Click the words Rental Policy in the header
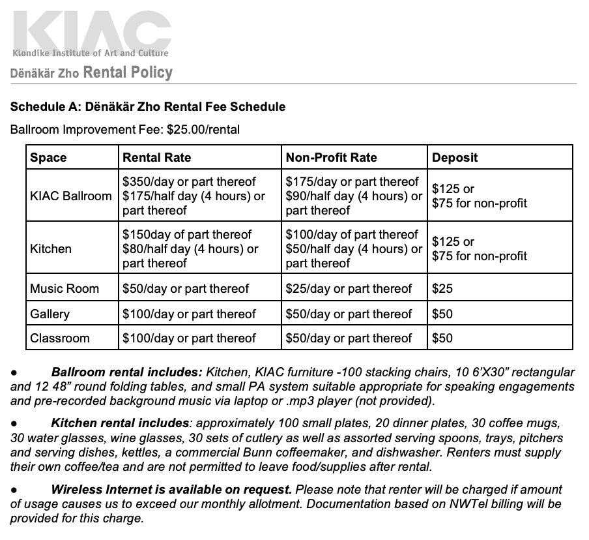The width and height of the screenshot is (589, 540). [x=128, y=72]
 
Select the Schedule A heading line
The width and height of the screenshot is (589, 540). [x=148, y=106]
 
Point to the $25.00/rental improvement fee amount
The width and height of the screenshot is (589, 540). [x=203, y=129]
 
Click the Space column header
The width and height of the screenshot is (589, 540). [x=48, y=158]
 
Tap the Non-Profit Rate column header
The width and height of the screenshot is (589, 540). [x=331, y=158]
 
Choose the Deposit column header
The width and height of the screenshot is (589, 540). [x=455, y=158]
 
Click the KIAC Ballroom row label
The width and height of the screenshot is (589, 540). [x=71, y=196]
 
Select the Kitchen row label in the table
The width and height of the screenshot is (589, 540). [x=51, y=248]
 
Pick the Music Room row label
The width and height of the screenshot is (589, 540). [x=65, y=288]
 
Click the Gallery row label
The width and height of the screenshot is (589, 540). [x=50, y=314]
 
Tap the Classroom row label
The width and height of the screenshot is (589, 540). [x=60, y=338]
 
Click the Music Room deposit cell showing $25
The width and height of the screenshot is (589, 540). [x=442, y=288]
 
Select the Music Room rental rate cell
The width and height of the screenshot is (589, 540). [x=186, y=288]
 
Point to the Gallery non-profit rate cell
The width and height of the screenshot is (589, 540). [x=349, y=314]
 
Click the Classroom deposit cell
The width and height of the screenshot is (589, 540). [x=442, y=338]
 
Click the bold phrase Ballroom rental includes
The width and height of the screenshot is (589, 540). [x=127, y=372]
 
